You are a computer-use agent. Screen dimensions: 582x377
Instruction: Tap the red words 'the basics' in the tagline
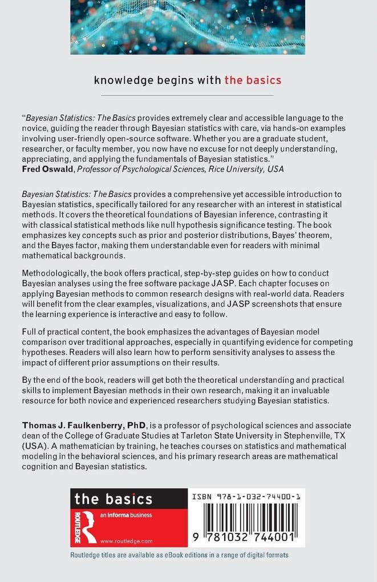(x=253, y=80)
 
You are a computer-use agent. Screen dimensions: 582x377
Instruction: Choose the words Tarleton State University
(x=200, y=435)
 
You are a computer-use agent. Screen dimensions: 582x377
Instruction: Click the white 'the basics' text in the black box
(x=113, y=499)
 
